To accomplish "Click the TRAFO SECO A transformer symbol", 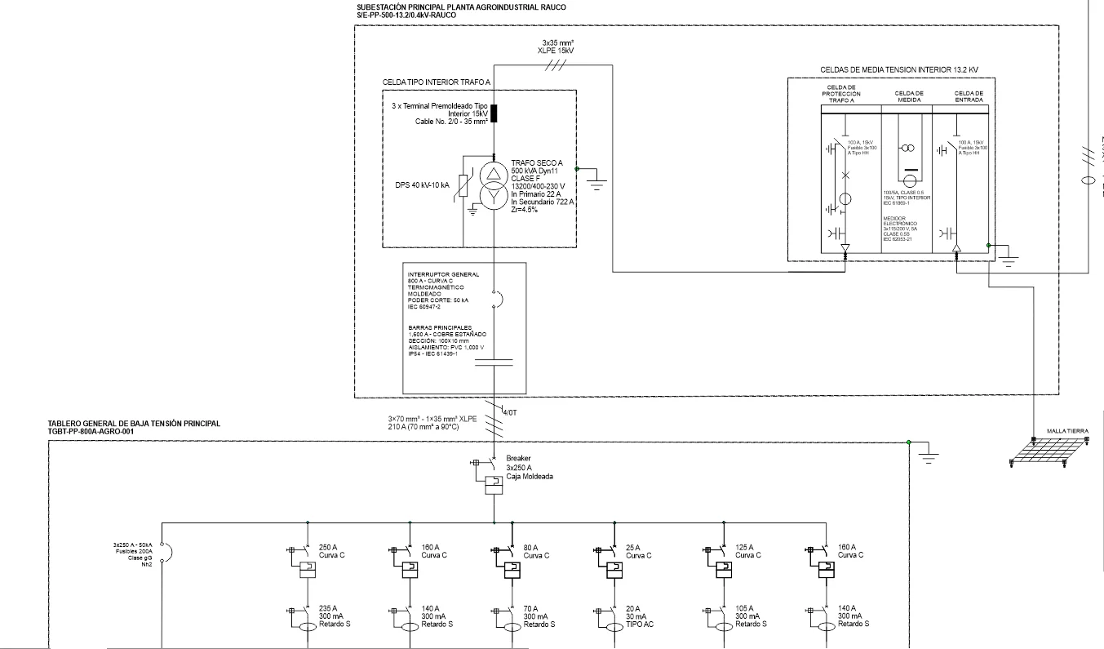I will [494, 185].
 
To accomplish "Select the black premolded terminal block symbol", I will [494, 113].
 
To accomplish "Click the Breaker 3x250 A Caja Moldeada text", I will [529, 467].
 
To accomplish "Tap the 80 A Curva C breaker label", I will [537, 551].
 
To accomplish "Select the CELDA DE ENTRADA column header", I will [969, 97].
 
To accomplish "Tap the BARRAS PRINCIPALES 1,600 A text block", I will [446, 340].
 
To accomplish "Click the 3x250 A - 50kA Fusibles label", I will [134, 554].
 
